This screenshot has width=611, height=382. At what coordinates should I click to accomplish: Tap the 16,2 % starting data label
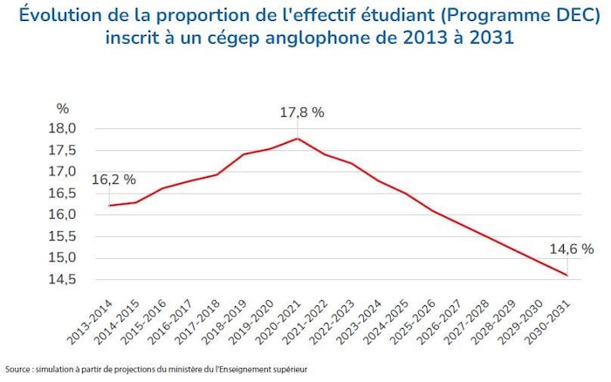pyautogui.click(x=113, y=180)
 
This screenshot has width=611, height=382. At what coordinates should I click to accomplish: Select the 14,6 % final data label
pyautogui.click(x=571, y=249)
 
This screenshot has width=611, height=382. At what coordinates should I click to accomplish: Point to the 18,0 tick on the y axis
pyautogui.click(x=67, y=128)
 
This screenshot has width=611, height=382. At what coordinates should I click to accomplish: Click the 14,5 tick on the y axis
pyautogui.click(x=67, y=279)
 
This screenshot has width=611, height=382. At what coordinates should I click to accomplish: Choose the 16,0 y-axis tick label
pyautogui.click(x=67, y=215)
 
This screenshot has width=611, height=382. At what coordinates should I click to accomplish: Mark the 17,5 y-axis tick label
pyautogui.click(x=67, y=150)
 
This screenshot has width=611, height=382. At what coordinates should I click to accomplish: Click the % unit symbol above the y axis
pyautogui.click(x=62, y=109)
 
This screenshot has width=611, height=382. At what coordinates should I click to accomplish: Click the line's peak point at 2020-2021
pyautogui.click(x=299, y=138)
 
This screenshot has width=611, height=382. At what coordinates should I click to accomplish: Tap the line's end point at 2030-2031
pyautogui.click(x=567, y=276)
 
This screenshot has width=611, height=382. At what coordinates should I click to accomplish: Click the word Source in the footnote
pyautogui.click(x=19, y=369)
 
